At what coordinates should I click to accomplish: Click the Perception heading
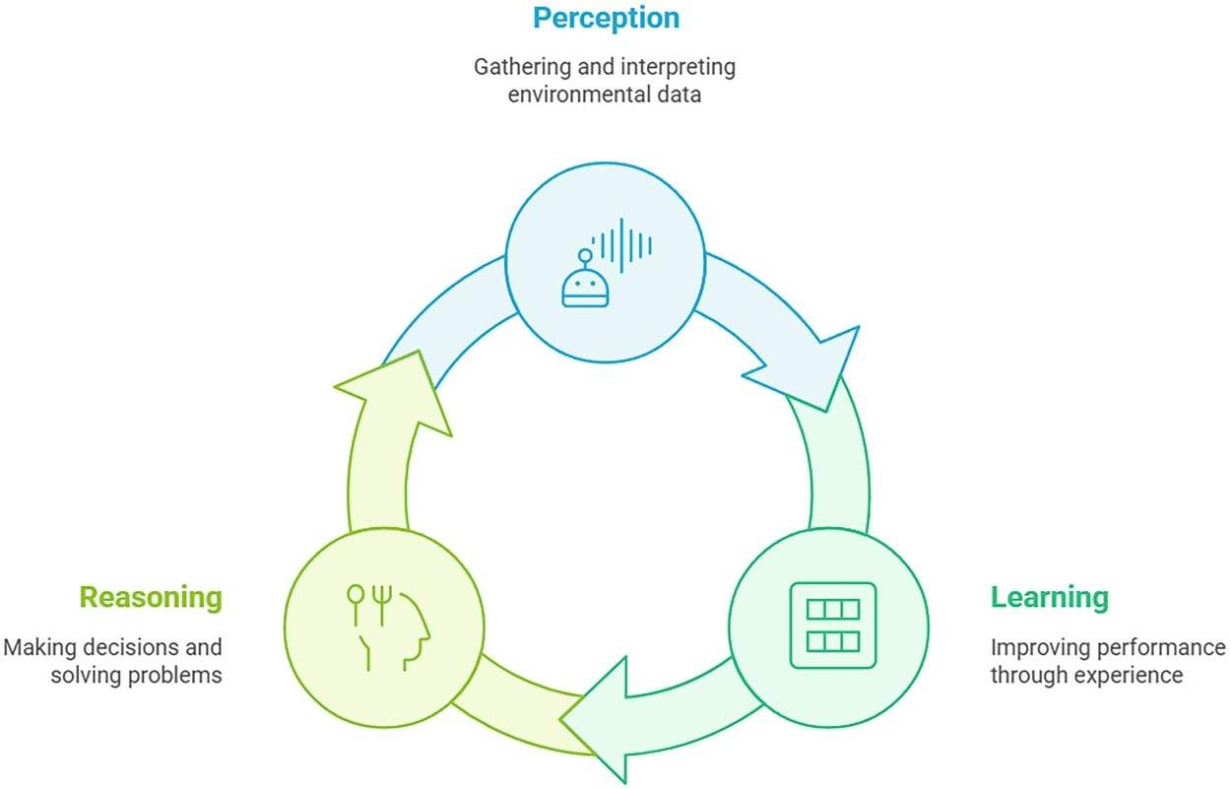[x=606, y=18]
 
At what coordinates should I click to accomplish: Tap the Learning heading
[x=1049, y=598]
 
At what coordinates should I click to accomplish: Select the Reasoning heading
[x=151, y=598]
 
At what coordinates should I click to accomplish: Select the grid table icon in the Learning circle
[x=832, y=625]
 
